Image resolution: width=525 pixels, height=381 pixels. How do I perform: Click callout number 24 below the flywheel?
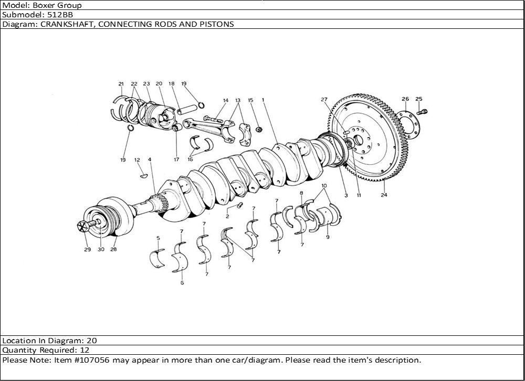pos(384,195)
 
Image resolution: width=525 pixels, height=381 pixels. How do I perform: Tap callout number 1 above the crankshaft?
pos(262,99)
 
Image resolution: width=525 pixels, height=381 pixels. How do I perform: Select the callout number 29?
pos(87,249)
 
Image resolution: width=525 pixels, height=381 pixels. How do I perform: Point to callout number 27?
pos(324,99)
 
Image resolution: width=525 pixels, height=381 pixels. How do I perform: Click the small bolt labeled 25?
pos(424,111)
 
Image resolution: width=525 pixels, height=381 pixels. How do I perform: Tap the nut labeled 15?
pos(259,129)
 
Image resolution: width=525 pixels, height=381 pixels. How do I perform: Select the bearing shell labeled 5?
pos(157,259)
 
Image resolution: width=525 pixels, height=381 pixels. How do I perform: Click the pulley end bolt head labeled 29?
pos(82,226)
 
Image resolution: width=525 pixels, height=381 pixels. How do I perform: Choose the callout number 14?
pos(226,100)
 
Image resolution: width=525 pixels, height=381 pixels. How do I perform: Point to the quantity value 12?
pos(85,350)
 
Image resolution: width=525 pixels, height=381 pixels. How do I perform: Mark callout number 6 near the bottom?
pos(182,283)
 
